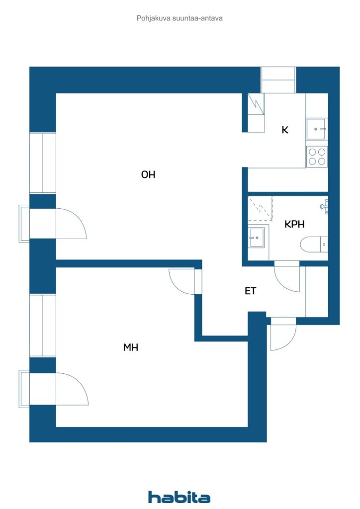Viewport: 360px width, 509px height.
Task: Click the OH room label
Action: point(148,174)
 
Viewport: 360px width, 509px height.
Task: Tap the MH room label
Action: point(131,347)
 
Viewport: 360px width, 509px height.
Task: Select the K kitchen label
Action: point(285,130)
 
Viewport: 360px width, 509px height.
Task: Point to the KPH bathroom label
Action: point(294,224)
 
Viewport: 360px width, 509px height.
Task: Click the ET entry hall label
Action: point(250,291)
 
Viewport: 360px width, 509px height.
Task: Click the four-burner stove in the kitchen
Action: point(317,157)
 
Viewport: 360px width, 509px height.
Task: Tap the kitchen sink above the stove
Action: point(316,129)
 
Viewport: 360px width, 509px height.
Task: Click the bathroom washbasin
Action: point(258,237)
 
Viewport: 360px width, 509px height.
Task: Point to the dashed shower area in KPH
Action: point(260,208)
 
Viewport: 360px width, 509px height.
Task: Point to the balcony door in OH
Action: point(71,224)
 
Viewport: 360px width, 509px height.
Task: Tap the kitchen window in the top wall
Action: point(278,80)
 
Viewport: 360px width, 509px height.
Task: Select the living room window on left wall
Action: point(42,163)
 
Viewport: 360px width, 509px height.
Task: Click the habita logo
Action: point(179,497)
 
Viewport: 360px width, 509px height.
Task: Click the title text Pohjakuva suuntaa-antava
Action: point(179,18)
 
